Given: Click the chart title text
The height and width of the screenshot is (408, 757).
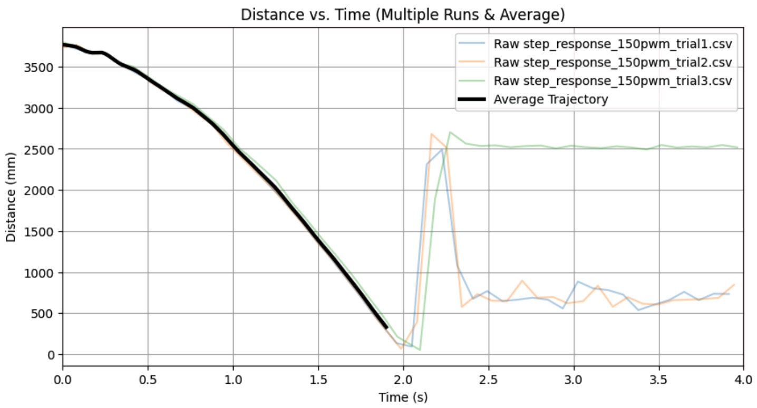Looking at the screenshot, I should [x=403, y=15].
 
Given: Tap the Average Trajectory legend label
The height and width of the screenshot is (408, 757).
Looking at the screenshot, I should [x=550, y=99].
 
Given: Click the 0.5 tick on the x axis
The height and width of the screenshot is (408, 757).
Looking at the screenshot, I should [x=148, y=379].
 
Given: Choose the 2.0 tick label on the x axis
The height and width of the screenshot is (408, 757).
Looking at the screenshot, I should [x=403, y=379].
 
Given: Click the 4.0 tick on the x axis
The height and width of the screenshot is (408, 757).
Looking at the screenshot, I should [x=743, y=379].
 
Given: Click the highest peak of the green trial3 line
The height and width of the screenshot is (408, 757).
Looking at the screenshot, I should [x=450, y=132].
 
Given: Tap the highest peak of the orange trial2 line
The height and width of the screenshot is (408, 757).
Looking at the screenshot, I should [x=431, y=134].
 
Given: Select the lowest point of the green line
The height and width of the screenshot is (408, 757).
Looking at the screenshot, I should [x=420, y=350].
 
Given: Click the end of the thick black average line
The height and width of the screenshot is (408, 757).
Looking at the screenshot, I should [x=386, y=328].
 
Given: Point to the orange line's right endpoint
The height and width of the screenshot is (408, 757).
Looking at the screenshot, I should [x=734, y=285].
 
